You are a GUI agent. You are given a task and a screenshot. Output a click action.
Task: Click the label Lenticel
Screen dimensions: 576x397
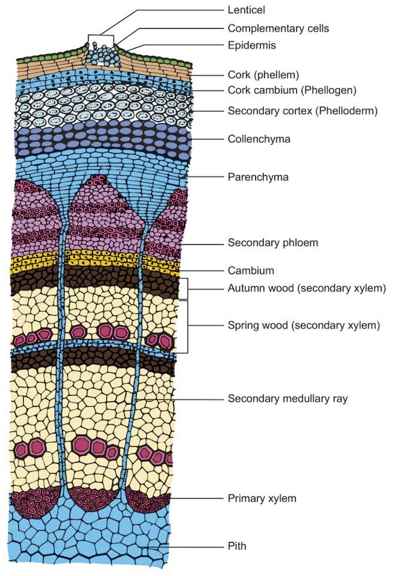click(x=247, y=10)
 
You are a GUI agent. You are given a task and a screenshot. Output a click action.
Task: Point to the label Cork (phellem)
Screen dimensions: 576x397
click(x=264, y=75)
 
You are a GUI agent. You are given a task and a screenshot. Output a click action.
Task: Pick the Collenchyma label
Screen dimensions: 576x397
click(x=259, y=139)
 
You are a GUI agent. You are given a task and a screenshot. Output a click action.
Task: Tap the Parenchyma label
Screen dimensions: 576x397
click(x=258, y=177)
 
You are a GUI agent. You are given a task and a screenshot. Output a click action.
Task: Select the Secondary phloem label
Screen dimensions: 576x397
click(x=273, y=243)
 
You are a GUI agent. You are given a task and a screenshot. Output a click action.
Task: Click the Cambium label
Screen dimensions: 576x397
click(x=251, y=270)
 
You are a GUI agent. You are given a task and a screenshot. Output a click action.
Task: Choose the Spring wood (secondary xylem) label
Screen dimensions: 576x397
click(x=304, y=325)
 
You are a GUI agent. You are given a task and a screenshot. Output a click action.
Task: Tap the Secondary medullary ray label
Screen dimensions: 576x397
click(x=288, y=398)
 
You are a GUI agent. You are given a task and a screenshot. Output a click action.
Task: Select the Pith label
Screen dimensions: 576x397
click(x=237, y=545)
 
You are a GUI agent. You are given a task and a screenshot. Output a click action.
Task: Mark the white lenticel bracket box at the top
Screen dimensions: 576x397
click(x=101, y=40)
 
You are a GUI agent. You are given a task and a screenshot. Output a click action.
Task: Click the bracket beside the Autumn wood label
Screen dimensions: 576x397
click(x=186, y=289)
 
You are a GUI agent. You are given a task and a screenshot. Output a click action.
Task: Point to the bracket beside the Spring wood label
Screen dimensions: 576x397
click(x=186, y=326)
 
